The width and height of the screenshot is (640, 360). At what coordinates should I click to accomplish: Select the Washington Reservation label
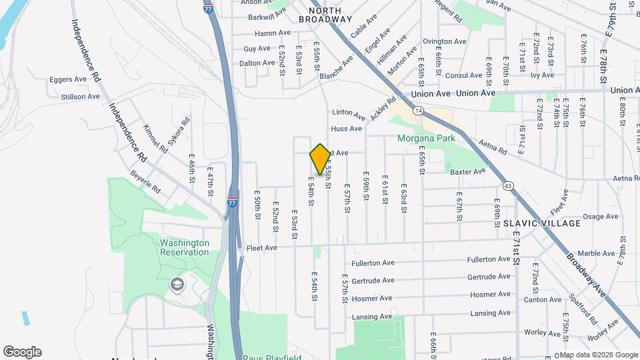(185, 247)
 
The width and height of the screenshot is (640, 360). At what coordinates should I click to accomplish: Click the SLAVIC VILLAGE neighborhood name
(541, 223)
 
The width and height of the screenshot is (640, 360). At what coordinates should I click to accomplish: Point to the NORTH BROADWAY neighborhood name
(325, 15)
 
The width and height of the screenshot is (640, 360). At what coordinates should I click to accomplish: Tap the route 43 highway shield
(509, 185)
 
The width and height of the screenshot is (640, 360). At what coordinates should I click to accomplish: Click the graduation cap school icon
(177, 285)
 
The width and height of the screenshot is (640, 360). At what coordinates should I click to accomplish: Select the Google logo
(22, 352)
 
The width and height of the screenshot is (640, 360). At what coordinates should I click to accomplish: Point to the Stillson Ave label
(81, 97)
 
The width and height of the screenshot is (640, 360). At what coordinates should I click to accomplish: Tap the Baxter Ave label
(467, 171)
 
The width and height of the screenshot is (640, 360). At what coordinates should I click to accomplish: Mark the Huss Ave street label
(347, 128)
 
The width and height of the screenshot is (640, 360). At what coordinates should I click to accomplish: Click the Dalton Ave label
(257, 63)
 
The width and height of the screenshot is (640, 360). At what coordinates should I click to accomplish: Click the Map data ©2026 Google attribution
(599, 355)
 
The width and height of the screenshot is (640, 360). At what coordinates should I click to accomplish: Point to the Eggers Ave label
(69, 79)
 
